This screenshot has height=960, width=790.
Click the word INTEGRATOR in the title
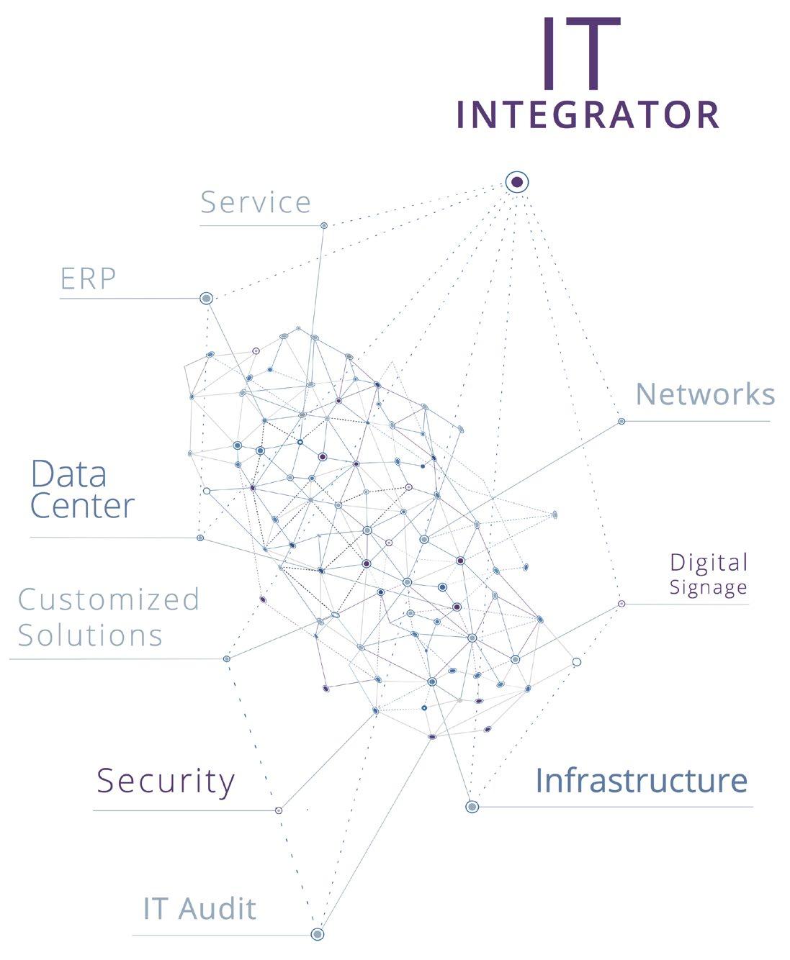click(588, 115)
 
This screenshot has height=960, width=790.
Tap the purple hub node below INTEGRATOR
click(516, 182)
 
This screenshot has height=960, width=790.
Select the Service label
click(256, 202)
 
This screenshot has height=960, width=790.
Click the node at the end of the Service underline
click(324, 225)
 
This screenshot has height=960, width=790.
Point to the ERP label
click(88, 279)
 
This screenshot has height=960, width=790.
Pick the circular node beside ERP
click(206, 298)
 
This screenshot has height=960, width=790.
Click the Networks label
click(705, 394)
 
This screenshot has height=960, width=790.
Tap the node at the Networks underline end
click(621, 421)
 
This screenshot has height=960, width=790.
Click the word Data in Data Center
click(69, 475)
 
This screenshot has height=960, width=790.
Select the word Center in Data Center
click(82, 506)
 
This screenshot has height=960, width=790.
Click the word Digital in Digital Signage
click(709, 563)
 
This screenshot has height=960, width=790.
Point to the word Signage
click(708, 587)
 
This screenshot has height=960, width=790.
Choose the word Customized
click(109, 599)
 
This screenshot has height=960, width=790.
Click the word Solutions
click(90, 635)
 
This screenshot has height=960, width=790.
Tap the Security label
click(166, 781)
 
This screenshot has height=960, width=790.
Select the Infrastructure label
click(641, 781)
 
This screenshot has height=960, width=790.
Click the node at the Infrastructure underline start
click(472, 807)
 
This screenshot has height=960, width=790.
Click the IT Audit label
click(199, 909)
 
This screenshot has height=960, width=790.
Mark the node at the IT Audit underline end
click(317, 934)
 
